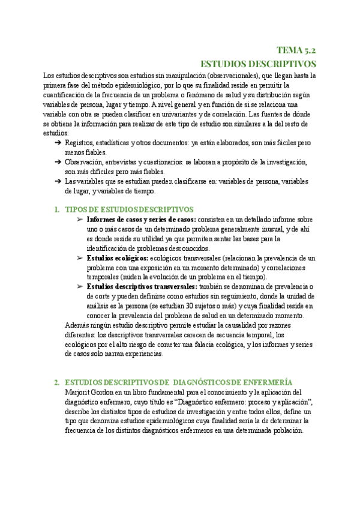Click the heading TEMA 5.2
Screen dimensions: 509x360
[296, 50]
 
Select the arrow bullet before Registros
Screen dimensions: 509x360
[58, 143]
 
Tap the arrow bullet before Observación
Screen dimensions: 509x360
[58, 162]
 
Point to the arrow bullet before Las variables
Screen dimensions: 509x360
[58, 181]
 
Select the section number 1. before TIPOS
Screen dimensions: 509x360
[56, 209]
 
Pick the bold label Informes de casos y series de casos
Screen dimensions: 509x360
[141, 220]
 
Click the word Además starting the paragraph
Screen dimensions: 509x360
[77, 325]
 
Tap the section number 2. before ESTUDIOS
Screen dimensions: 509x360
[56, 382]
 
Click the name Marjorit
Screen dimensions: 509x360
[79, 393]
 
